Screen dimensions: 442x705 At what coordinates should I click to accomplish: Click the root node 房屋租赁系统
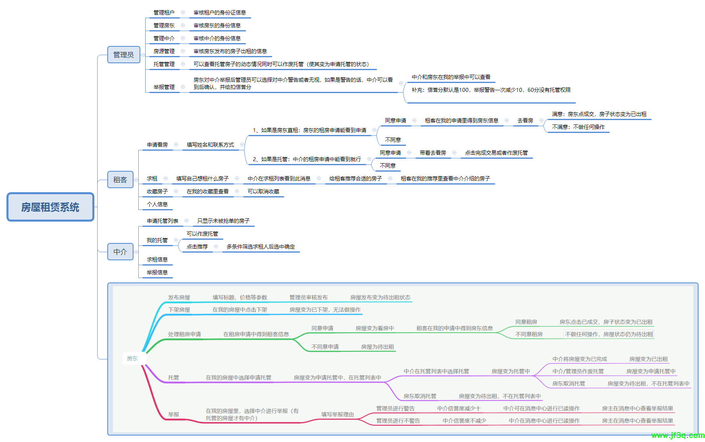(50, 207)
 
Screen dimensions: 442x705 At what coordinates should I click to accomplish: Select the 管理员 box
(123, 55)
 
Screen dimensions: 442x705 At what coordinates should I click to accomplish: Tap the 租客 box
(120, 180)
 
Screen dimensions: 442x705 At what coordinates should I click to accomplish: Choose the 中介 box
(120, 252)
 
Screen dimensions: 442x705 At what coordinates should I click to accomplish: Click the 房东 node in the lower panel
(132, 359)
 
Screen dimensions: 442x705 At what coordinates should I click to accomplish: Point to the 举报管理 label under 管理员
(164, 87)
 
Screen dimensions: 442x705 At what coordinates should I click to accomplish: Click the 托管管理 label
(164, 64)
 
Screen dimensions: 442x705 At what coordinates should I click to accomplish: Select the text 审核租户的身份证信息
(219, 12)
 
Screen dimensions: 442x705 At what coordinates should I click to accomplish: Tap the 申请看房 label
(157, 145)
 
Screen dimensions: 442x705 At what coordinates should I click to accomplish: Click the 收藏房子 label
(157, 191)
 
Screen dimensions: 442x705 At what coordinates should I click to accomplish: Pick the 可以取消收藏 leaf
(263, 191)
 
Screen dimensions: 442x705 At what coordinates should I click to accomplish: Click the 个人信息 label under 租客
(157, 204)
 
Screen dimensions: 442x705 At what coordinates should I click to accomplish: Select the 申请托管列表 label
(163, 221)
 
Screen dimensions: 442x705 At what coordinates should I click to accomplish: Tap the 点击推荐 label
(197, 247)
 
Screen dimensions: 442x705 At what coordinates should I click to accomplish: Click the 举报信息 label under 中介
(157, 272)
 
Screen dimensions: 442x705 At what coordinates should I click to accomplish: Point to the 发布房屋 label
(179, 297)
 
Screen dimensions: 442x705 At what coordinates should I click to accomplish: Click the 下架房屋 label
(179, 310)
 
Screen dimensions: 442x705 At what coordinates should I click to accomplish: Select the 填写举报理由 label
(338, 414)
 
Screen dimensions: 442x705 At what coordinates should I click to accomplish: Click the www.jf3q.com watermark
(678, 435)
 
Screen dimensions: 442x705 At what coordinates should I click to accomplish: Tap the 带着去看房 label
(433, 153)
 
